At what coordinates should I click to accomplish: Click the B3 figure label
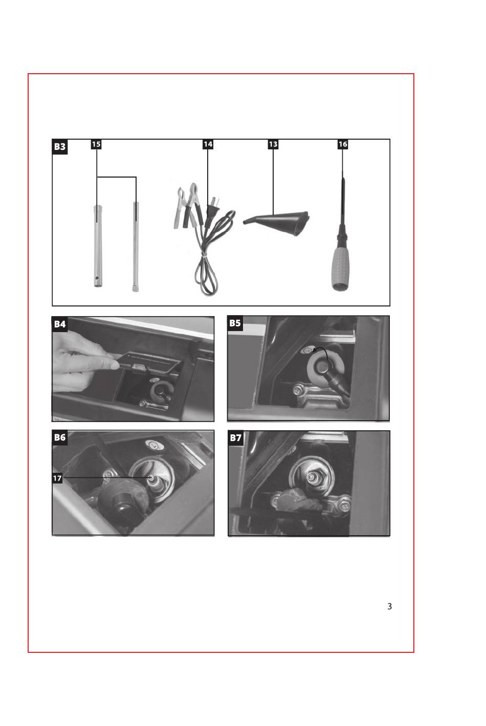[60, 146]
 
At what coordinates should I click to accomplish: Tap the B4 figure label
[60, 324]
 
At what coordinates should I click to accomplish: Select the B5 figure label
[235, 323]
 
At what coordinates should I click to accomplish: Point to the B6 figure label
[60, 437]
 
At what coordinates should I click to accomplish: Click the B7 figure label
[235, 438]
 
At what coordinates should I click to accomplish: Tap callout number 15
[96, 144]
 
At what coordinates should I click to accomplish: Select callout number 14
[208, 144]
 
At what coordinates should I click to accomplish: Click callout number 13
[273, 144]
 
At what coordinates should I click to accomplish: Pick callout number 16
[343, 144]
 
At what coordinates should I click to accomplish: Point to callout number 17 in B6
[57, 478]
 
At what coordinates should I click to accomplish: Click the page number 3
[389, 606]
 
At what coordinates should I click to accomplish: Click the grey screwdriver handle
[340, 269]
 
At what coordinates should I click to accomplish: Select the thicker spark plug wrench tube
[98, 246]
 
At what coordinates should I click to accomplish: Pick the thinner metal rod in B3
[136, 247]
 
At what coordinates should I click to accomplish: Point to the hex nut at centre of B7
[311, 477]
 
